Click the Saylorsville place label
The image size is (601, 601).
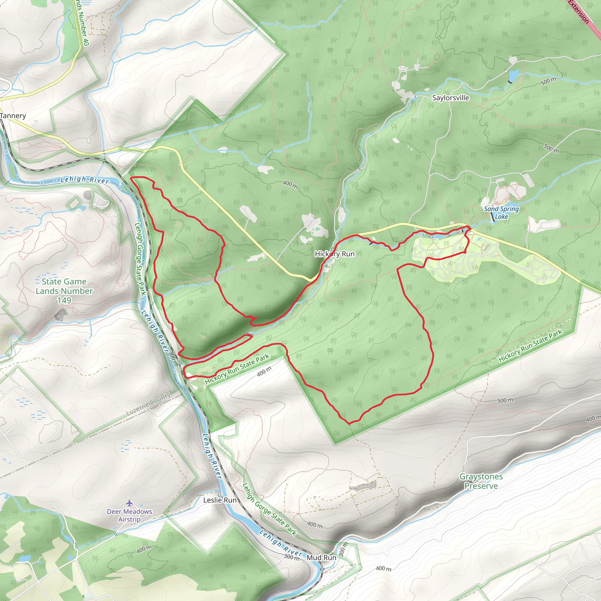click(450, 98)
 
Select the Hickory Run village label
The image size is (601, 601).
click(335, 254)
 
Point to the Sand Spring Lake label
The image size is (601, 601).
click(501, 213)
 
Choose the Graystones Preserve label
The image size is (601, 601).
click(481, 481)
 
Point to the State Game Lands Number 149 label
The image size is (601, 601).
click(64, 291)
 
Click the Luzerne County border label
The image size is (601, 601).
click(148, 404)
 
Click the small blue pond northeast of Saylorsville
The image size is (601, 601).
click(514, 75)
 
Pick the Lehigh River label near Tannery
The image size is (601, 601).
click(85, 180)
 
